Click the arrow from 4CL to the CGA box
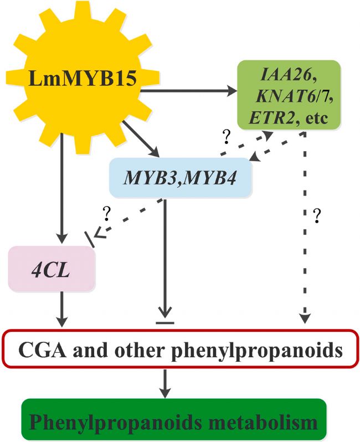(63, 311)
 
